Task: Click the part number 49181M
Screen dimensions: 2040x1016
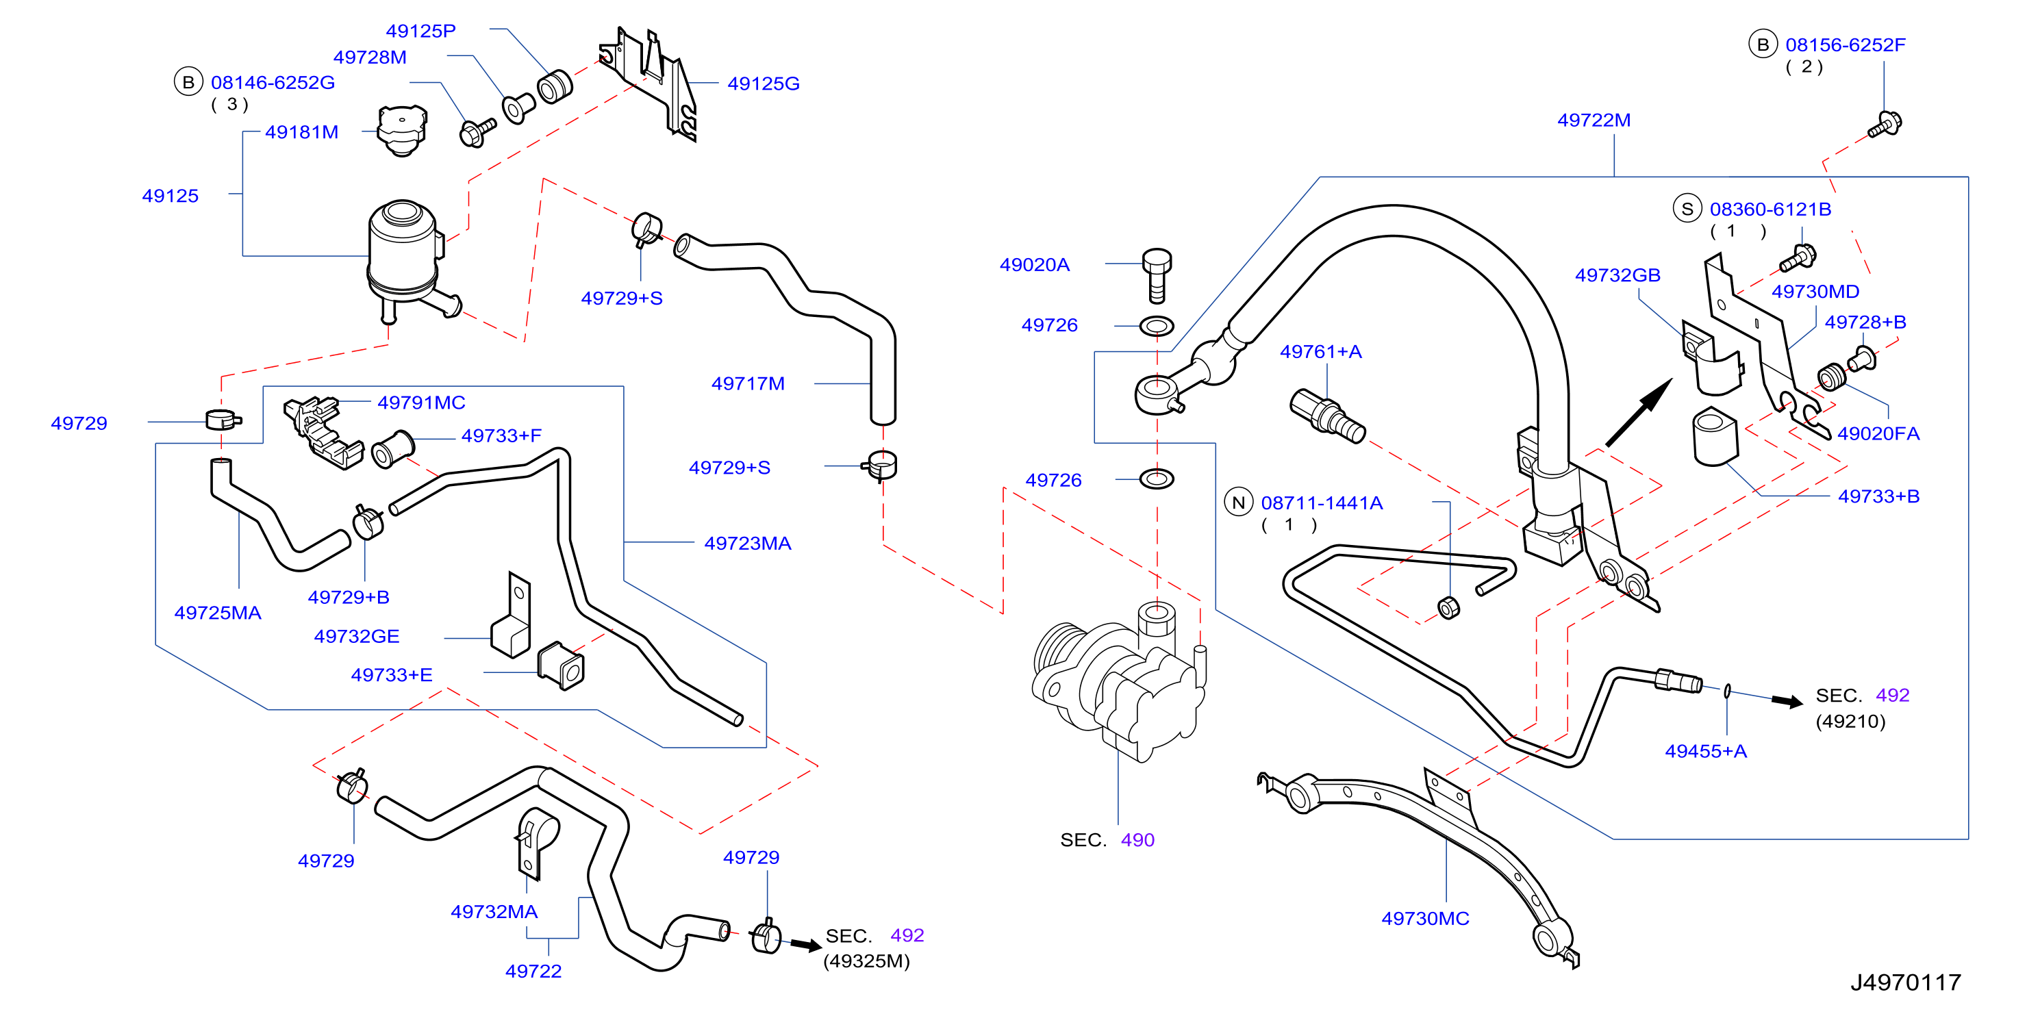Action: click(x=302, y=132)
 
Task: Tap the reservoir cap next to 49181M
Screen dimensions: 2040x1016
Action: click(x=402, y=131)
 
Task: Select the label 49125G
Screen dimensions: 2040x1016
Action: click(x=764, y=83)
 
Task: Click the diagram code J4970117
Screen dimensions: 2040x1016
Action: click(x=1905, y=982)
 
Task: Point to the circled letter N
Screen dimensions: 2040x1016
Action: click(x=1239, y=502)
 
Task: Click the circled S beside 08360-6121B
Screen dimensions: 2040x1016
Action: click(x=1687, y=208)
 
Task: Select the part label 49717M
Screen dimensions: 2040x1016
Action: click(x=748, y=383)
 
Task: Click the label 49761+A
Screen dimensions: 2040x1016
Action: click(x=1321, y=352)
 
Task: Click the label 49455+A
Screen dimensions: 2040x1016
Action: click(x=1706, y=751)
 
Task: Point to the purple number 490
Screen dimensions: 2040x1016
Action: click(x=1137, y=839)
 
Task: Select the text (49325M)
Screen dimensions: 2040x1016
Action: click(x=866, y=961)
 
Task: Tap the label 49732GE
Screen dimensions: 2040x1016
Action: click(x=356, y=636)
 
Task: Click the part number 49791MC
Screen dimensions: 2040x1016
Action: click(x=421, y=403)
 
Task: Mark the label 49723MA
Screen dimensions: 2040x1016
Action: click(x=748, y=543)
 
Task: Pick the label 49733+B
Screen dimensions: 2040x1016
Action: click(x=1878, y=496)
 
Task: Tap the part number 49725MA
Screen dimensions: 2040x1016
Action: click(x=218, y=613)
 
